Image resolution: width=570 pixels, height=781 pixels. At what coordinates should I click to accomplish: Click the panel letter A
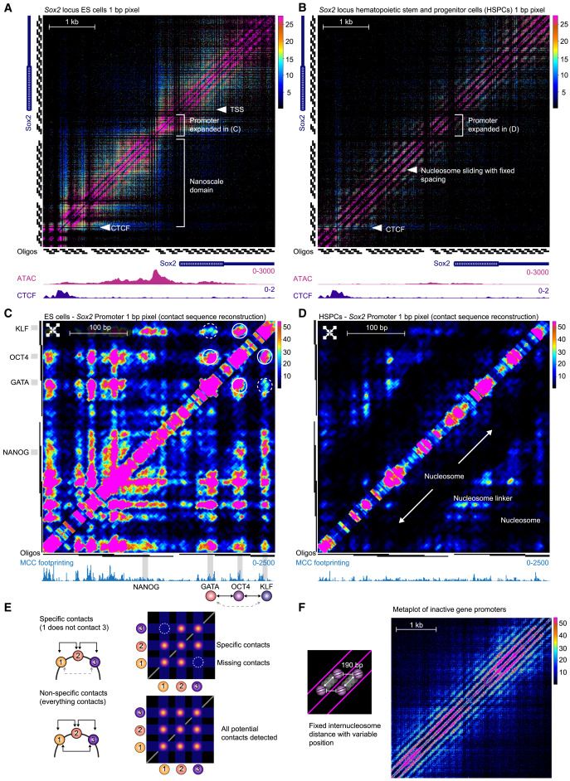[7, 7]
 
